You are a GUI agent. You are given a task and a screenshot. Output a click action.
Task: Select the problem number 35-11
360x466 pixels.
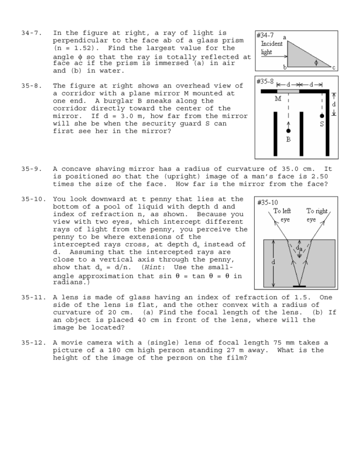coord(32,297)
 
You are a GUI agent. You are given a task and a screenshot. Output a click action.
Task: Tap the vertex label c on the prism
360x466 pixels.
coord(333,67)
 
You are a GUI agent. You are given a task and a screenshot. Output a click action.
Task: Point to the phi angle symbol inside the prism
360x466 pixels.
coord(316,63)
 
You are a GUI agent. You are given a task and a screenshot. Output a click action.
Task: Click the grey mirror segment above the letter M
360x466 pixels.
coord(288,91)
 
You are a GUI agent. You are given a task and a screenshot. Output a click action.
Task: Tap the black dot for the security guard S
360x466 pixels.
coord(322,116)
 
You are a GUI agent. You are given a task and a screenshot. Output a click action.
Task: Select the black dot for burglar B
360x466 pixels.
coord(288,131)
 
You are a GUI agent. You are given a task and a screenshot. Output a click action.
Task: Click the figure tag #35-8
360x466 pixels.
coord(265,81)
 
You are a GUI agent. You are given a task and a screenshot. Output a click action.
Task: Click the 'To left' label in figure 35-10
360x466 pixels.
coord(282,211)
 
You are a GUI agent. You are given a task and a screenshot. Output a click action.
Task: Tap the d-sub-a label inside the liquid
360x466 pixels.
coord(299,249)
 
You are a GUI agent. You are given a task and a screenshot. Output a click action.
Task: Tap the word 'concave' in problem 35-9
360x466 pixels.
coord(76,169)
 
